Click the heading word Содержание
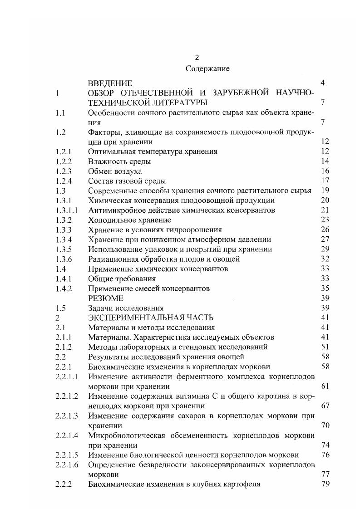[207, 69]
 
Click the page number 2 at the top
[197, 58]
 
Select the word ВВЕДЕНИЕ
[110, 83]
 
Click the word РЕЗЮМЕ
[105, 298]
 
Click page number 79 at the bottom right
[325, 484]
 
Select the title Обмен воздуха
[115, 171]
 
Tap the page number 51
[325, 347]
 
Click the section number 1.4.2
[63, 289]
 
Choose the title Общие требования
[122, 279]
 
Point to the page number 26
[325, 230]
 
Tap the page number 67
[325, 406]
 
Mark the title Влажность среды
[119, 162]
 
